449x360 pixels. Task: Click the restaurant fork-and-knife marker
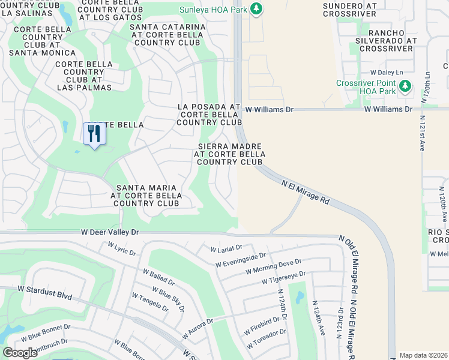(x=94, y=133)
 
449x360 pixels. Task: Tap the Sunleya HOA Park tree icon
(x=256, y=8)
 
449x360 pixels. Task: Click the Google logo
(x=20, y=353)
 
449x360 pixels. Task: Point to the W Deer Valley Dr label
(x=110, y=232)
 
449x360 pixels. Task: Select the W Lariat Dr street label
(x=226, y=247)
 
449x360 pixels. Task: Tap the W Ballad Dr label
(x=158, y=277)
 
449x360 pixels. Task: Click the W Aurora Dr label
(x=199, y=330)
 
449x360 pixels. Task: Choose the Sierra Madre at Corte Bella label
(x=229, y=154)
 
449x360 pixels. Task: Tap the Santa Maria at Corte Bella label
(x=147, y=196)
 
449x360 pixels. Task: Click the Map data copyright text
(x=423, y=355)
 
